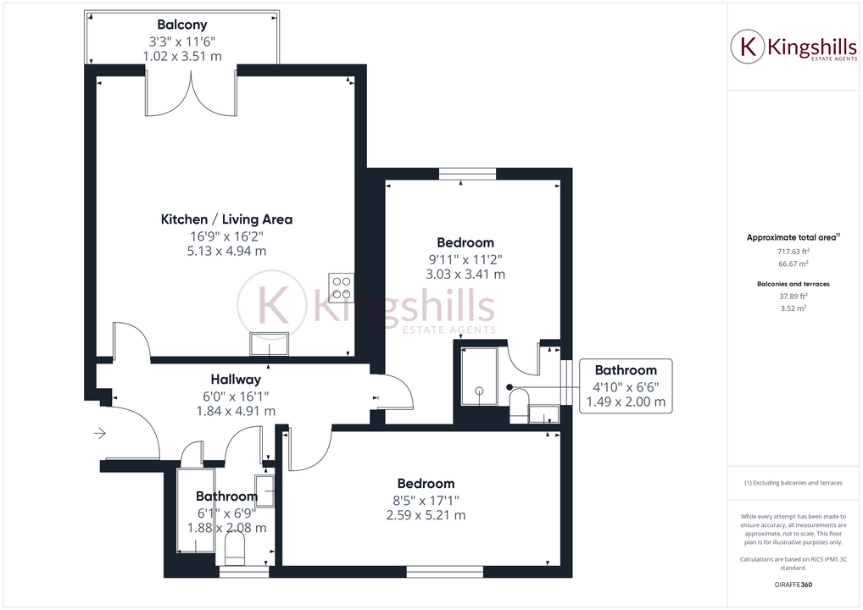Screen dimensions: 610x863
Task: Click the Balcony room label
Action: (x=181, y=25)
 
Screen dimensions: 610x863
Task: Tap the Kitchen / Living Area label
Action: (x=226, y=219)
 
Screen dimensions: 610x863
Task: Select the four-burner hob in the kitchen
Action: (x=341, y=288)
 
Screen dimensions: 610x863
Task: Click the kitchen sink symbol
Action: (x=270, y=345)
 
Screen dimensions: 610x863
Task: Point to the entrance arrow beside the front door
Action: (x=99, y=435)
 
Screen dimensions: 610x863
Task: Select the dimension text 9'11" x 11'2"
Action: (x=465, y=259)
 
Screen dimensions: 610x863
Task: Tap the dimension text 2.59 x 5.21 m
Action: (x=426, y=515)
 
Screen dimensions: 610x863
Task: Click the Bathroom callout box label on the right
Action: (x=626, y=370)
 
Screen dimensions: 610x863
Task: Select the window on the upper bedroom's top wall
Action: (x=467, y=174)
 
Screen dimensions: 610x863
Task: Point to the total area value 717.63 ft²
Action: (x=793, y=251)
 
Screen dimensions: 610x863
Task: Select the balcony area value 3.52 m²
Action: (x=793, y=308)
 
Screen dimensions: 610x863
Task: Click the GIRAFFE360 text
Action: (x=793, y=585)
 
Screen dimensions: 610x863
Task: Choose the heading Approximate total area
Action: (x=792, y=237)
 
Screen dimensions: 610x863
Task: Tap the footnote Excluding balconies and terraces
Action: (x=793, y=483)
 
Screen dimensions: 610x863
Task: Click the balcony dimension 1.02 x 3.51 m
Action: (x=182, y=56)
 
